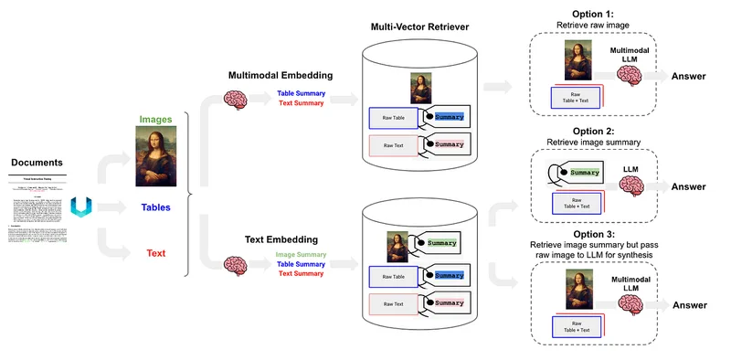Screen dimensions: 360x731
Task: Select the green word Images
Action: pyautogui.click(x=156, y=119)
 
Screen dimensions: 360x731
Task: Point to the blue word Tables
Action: pyautogui.click(x=156, y=207)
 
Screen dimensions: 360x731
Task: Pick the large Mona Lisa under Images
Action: pyautogui.click(x=156, y=160)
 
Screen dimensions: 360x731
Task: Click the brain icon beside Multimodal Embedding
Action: pyautogui.click(x=237, y=99)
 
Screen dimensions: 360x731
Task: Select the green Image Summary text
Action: pyautogui.click(x=301, y=254)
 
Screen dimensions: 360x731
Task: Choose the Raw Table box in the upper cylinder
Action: pyautogui.click(x=394, y=118)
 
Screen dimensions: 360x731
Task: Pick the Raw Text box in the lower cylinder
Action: pyautogui.click(x=394, y=304)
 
